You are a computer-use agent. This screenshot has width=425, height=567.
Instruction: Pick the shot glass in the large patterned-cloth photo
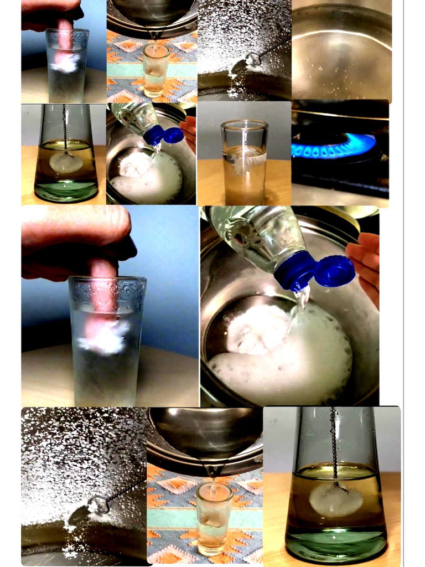[x=214, y=517]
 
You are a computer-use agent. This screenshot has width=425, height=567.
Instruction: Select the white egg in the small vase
[x=66, y=163]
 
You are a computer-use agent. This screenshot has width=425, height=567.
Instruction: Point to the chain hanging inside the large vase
[x=334, y=443]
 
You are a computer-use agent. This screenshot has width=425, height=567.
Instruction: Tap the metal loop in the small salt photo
[x=252, y=58]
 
